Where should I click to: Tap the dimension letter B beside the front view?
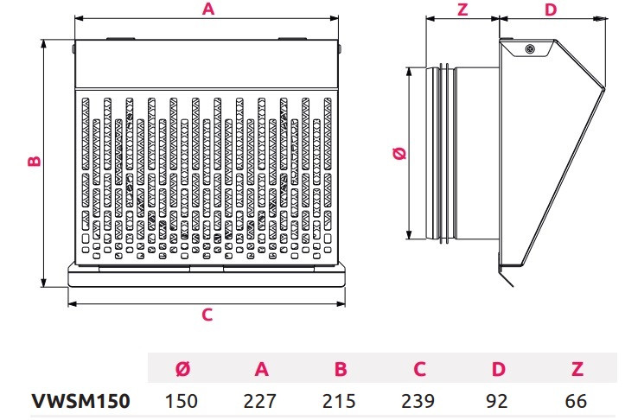point(32,162)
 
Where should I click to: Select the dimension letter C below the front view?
point(207,315)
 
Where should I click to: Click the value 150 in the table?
point(182,401)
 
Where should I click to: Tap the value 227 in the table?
point(261,401)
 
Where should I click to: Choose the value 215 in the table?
point(341,401)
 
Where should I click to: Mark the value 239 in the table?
point(419,401)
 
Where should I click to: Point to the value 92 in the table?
point(499,401)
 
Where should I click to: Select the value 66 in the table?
point(577,401)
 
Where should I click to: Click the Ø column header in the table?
point(182,370)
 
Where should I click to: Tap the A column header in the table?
point(261,370)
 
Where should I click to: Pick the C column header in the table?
point(419,370)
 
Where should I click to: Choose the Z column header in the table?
point(577,370)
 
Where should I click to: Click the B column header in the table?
point(341,370)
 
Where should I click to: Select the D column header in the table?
point(499,370)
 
